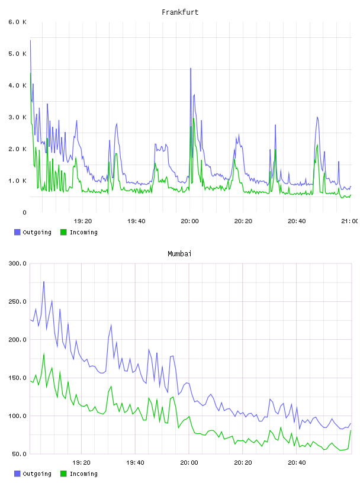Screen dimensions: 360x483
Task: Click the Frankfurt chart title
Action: pos(180,12)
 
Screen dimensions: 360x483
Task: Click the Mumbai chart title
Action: pos(179,254)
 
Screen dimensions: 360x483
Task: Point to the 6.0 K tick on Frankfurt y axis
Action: pos(18,22)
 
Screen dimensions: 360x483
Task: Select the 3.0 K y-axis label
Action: pos(18,117)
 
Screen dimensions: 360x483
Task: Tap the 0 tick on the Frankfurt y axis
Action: pos(24,212)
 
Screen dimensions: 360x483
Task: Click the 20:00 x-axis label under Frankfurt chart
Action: pos(189,221)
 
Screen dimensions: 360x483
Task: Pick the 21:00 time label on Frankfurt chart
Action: pos(349,221)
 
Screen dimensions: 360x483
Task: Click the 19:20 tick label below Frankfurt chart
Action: pos(83,221)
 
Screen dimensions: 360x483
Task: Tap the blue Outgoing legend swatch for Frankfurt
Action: pos(17,232)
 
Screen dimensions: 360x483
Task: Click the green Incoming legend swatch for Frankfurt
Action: pos(63,232)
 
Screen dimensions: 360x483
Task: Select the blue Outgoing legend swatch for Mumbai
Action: pos(17,474)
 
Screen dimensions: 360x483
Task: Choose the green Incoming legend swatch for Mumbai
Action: pos(63,474)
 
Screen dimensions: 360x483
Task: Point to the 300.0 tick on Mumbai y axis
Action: pos(18,263)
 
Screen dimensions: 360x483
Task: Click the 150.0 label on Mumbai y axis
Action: pos(18,378)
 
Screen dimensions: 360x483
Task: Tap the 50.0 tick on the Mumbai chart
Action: pos(19,454)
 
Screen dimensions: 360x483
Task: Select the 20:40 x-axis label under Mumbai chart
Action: pos(297,462)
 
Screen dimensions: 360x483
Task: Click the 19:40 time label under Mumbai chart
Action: pos(135,462)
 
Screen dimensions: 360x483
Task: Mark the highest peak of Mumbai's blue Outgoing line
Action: pos(44,282)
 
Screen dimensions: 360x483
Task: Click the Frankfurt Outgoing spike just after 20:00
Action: pos(191,69)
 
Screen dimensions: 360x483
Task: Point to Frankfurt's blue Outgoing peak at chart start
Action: pos(30,40)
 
